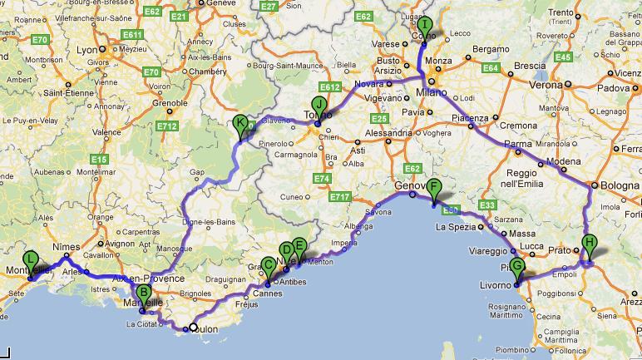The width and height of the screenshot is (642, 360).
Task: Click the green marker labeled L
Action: point(32,260)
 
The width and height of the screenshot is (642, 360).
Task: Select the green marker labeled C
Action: point(268,266)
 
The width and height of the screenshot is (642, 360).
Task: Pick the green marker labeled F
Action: point(433,187)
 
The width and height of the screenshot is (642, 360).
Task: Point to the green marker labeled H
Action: point(589,244)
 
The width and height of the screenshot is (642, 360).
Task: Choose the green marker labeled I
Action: point(425,25)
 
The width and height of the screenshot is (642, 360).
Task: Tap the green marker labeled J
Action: point(317,105)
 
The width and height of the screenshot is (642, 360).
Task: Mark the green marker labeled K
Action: point(240,124)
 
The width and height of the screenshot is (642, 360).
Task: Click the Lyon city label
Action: point(86,50)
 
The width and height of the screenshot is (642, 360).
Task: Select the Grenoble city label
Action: point(169,103)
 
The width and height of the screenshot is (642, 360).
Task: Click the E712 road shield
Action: point(167,126)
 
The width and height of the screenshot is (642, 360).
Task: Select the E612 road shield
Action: point(329,87)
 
